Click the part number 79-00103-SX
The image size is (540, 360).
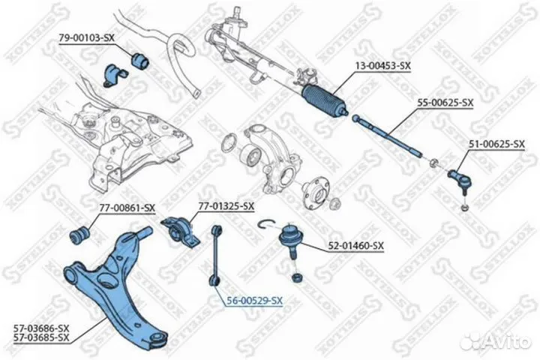pos(86,38)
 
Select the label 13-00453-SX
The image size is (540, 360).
pos(383,65)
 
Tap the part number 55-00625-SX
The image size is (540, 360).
pos(445,103)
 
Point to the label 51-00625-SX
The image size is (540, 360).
pos(497,144)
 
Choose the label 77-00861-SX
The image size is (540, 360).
pos(127,208)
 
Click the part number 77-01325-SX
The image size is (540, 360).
pos(226,206)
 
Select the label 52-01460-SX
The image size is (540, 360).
pos(355,246)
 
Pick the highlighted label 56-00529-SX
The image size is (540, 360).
pos(254,301)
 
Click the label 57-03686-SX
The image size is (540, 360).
pos(41,328)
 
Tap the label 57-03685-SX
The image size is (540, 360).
pos(41,337)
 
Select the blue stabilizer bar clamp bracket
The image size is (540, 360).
pos(114,75)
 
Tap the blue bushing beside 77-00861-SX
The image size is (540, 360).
pos(80,235)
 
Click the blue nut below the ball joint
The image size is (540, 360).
pos(297,277)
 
